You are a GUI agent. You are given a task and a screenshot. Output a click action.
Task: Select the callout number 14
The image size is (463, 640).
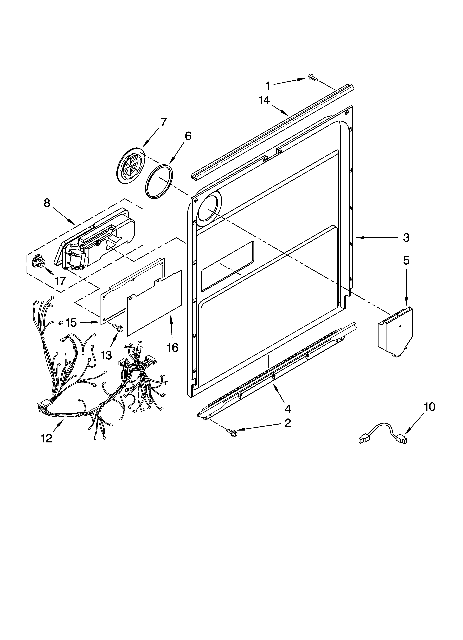pos(264,101)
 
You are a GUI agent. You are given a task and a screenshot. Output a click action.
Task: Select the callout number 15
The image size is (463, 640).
pos(71,323)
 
